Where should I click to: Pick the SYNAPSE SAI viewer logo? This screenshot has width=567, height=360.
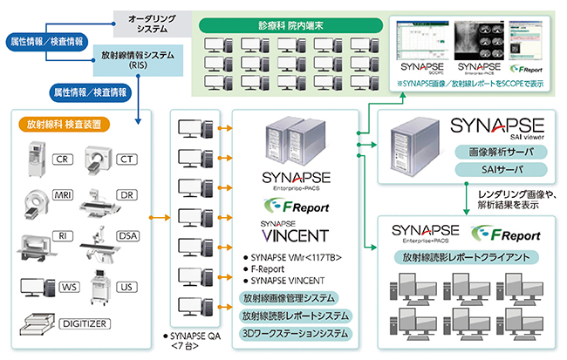[x=498, y=127]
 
